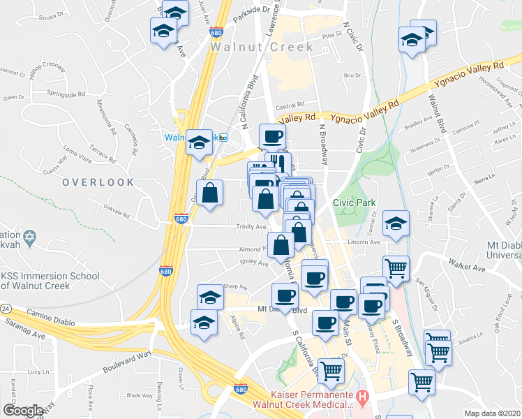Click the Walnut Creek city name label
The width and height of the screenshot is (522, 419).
click(x=262, y=47)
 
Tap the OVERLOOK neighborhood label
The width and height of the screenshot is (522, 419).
click(x=98, y=182)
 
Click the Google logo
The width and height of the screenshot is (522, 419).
click(x=24, y=410)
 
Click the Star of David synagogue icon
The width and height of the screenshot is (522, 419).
click(x=29, y=239)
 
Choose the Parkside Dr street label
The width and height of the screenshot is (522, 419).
click(x=251, y=9)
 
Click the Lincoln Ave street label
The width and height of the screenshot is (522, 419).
click(x=364, y=242)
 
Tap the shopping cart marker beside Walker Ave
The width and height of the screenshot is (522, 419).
click(x=396, y=267)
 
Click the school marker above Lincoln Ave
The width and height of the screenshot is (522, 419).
click(x=396, y=223)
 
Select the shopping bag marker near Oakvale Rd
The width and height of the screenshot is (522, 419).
click(x=209, y=193)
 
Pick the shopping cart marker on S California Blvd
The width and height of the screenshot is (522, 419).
click(x=331, y=370)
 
